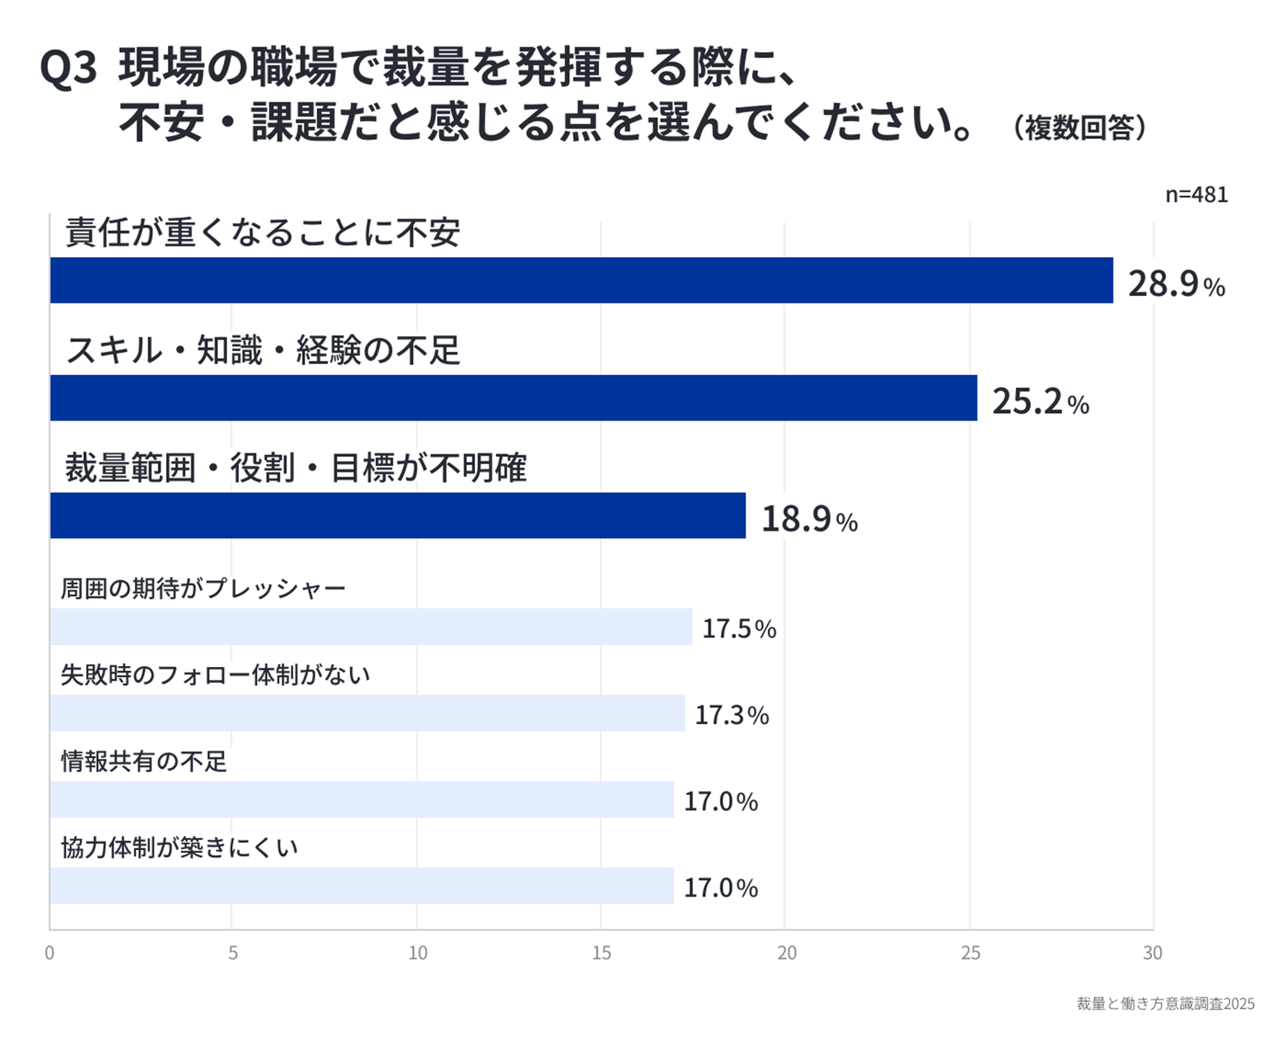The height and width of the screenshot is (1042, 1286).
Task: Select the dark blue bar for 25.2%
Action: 513,398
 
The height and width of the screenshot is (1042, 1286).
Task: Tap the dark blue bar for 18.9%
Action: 398,516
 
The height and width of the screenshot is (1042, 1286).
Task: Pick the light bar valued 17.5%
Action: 371,626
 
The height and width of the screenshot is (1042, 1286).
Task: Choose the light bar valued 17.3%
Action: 367,713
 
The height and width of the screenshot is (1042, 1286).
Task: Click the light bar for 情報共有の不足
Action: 362,799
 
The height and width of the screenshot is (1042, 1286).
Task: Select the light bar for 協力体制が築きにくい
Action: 362,886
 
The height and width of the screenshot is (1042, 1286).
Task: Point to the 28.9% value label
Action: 1176,283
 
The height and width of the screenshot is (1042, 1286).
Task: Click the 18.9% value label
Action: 809,518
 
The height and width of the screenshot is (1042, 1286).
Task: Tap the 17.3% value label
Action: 732,715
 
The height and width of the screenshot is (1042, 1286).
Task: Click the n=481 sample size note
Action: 1196,195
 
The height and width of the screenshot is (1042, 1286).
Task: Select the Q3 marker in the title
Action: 68,69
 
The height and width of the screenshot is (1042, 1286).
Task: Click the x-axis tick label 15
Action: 601,953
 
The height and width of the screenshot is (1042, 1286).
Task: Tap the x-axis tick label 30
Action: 1152,953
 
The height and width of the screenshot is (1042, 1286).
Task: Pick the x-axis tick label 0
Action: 49,953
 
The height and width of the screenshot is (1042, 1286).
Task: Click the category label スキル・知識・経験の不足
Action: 262,350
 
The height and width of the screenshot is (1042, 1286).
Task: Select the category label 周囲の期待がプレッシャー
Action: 203,588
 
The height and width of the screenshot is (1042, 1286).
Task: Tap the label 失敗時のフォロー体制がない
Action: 215,675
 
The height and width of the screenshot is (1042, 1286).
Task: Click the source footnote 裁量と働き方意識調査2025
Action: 1165,1004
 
